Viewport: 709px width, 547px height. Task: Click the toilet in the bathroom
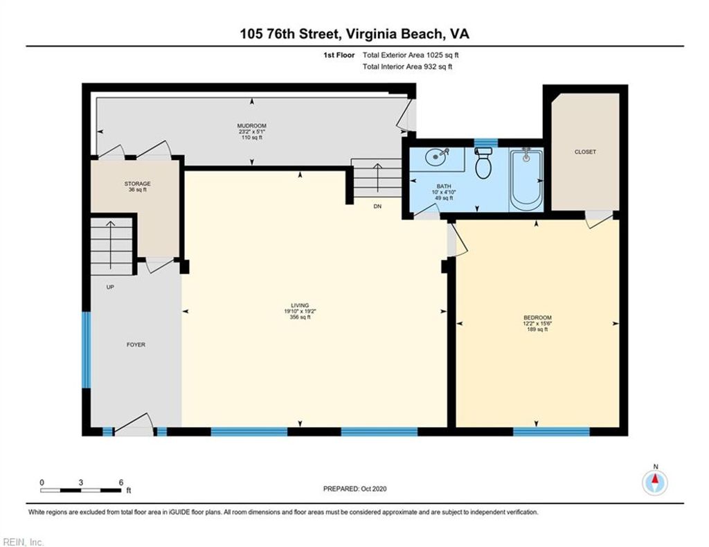pyautogui.click(x=484, y=164)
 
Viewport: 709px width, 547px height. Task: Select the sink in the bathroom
pyautogui.click(x=436, y=156)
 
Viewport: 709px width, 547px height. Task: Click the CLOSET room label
pyautogui.click(x=585, y=152)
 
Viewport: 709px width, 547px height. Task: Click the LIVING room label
pyautogui.click(x=300, y=306)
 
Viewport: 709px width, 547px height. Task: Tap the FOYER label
pyautogui.click(x=136, y=344)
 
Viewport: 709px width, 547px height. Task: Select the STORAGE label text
pyautogui.click(x=137, y=183)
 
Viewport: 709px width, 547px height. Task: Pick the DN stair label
pyautogui.click(x=377, y=206)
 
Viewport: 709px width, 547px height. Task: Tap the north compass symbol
pyautogui.click(x=655, y=481)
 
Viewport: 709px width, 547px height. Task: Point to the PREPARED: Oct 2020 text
pyautogui.click(x=354, y=489)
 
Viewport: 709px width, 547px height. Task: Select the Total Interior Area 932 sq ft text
pyautogui.click(x=407, y=67)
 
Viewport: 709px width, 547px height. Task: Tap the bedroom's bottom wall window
pyautogui.click(x=551, y=431)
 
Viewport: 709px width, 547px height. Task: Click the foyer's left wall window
pyautogui.click(x=87, y=350)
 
